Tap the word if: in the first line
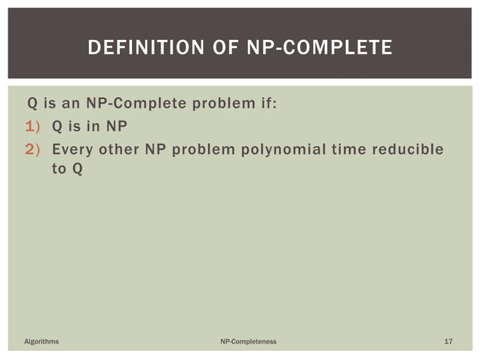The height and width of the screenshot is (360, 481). (x=265, y=103)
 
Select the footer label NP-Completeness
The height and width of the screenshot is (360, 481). (x=248, y=342)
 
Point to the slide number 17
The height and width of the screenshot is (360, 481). (x=448, y=342)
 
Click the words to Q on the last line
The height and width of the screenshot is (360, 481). (x=66, y=168)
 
